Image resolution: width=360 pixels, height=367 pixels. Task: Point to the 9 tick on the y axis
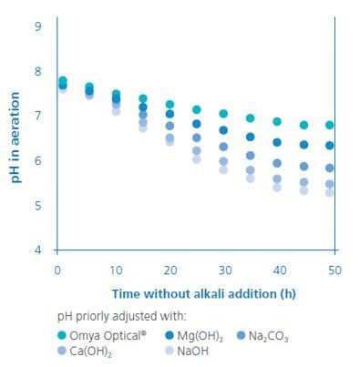tap(38, 26)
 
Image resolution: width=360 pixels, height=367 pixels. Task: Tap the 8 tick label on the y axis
tap(38, 71)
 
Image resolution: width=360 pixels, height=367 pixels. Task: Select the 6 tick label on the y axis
tap(38, 160)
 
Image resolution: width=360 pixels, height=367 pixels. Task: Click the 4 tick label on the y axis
tap(38, 250)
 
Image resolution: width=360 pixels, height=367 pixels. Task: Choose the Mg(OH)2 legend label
tap(198, 334)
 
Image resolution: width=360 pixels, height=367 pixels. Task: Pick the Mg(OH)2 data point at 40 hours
tap(277, 142)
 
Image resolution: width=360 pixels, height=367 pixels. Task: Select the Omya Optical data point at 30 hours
tap(223, 114)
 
